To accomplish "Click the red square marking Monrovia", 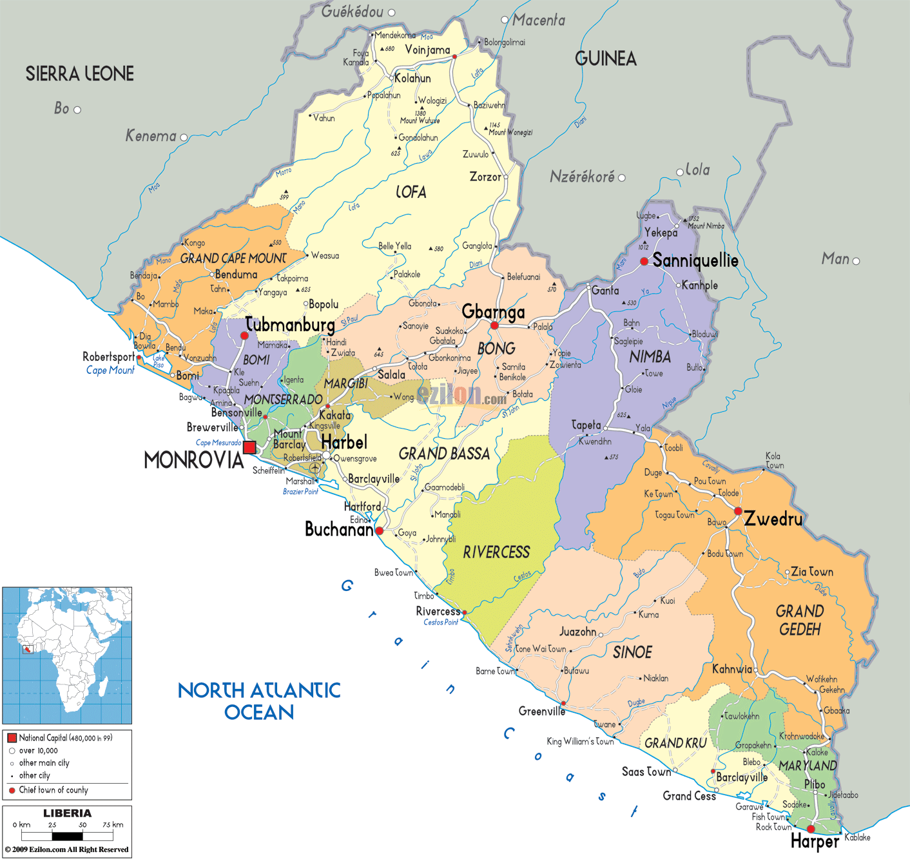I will pyautogui.click(x=249, y=447).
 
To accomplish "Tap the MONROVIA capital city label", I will pyautogui.click(x=193, y=460).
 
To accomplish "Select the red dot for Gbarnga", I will pyautogui.click(x=494, y=325).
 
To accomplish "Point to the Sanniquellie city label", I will pyautogui.click(x=695, y=260).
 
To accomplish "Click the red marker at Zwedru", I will pyautogui.click(x=738, y=511).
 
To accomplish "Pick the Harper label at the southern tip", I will pyautogui.click(x=815, y=842).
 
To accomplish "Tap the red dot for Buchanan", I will pyautogui.click(x=380, y=531).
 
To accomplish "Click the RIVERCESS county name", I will pyautogui.click(x=496, y=552).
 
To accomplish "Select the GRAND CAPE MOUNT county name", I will pyautogui.click(x=233, y=258).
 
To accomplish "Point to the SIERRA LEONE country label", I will pyautogui.click(x=80, y=74).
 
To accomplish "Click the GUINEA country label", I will pyautogui.click(x=605, y=59).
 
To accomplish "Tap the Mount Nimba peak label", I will pyautogui.click(x=706, y=226).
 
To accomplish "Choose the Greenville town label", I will pyautogui.click(x=541, y=711).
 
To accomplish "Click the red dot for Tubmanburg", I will pyautogui.click(x=244, y=336).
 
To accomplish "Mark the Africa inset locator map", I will pyautogui.click(x=67, y=655).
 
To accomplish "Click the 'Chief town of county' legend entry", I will pyautogui.click(x=53, y=790).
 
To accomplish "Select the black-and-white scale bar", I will pyautogui.click(x=67, y=837).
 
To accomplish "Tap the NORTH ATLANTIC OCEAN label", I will pyautogui.click(x=259, y=701).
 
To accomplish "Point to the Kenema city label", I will pyautogui.click(x=150, y=136).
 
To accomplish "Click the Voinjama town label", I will pyautogui.click(x=427, y=50).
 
